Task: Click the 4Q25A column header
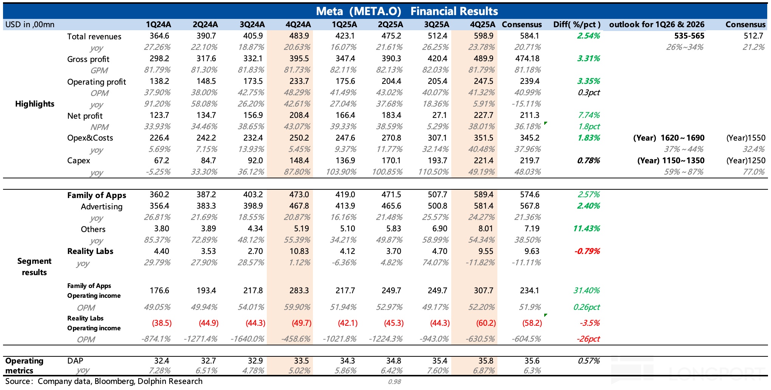[482, 25]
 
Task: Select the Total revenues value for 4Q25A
[483, 36]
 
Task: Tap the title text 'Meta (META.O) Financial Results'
[407, 11]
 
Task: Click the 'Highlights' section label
[35, 104]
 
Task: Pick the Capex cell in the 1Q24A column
[161, 161]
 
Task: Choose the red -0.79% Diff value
[587, 251]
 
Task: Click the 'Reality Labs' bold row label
[90, 251]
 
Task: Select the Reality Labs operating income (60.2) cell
[486, 323]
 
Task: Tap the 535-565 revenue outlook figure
[689, 36]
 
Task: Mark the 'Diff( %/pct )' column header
[577, 25]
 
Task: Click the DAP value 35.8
[486, 361]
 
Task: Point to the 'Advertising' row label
[101, 207]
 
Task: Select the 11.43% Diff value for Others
[586, 229]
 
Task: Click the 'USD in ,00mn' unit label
[30, 25]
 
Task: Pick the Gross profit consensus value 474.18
[527, 59]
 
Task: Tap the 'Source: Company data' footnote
[104, 381]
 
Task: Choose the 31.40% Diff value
[586, 291]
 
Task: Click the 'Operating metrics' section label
[24, 366]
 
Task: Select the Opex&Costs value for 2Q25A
[391, 138]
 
